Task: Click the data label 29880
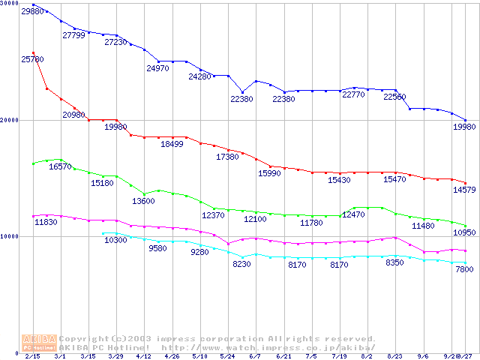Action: coord(33,12)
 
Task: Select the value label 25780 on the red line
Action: coord(33,58)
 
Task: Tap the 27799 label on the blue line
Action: coord(74,35)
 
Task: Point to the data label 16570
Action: coord(60,166)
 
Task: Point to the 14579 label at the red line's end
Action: coord(461,190)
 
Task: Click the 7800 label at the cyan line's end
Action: coord(463,269)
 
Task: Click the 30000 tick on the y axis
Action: coord(10,4)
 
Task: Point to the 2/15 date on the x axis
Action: coord(32,356)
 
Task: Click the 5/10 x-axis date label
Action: coord(199,356)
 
